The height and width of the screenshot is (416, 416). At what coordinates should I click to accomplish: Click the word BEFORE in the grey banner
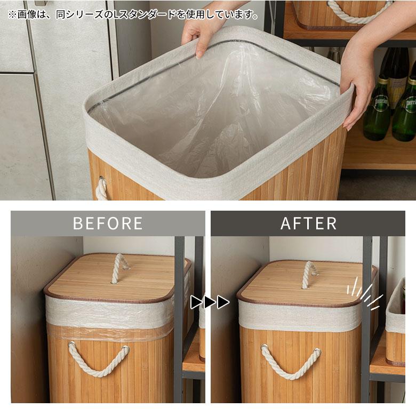coord(108,223)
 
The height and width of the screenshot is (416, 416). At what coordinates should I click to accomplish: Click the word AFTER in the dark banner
coord(309,223)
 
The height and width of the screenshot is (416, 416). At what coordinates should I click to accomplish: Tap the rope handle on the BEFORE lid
coord(119,268)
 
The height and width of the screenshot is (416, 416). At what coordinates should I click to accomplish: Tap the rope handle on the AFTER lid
coord(309,275)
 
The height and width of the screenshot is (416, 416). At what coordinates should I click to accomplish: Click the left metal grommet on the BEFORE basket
coord(71,345)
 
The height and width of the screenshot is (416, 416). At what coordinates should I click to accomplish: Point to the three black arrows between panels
coord(210,302)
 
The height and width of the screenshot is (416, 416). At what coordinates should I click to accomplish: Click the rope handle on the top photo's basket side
coord(102,188)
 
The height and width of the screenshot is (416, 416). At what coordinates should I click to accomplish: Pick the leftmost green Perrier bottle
coord(377,106)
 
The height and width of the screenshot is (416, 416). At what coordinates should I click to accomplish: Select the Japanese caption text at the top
coord(133,14)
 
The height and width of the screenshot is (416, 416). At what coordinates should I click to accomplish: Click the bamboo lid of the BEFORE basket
coord(117,278)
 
